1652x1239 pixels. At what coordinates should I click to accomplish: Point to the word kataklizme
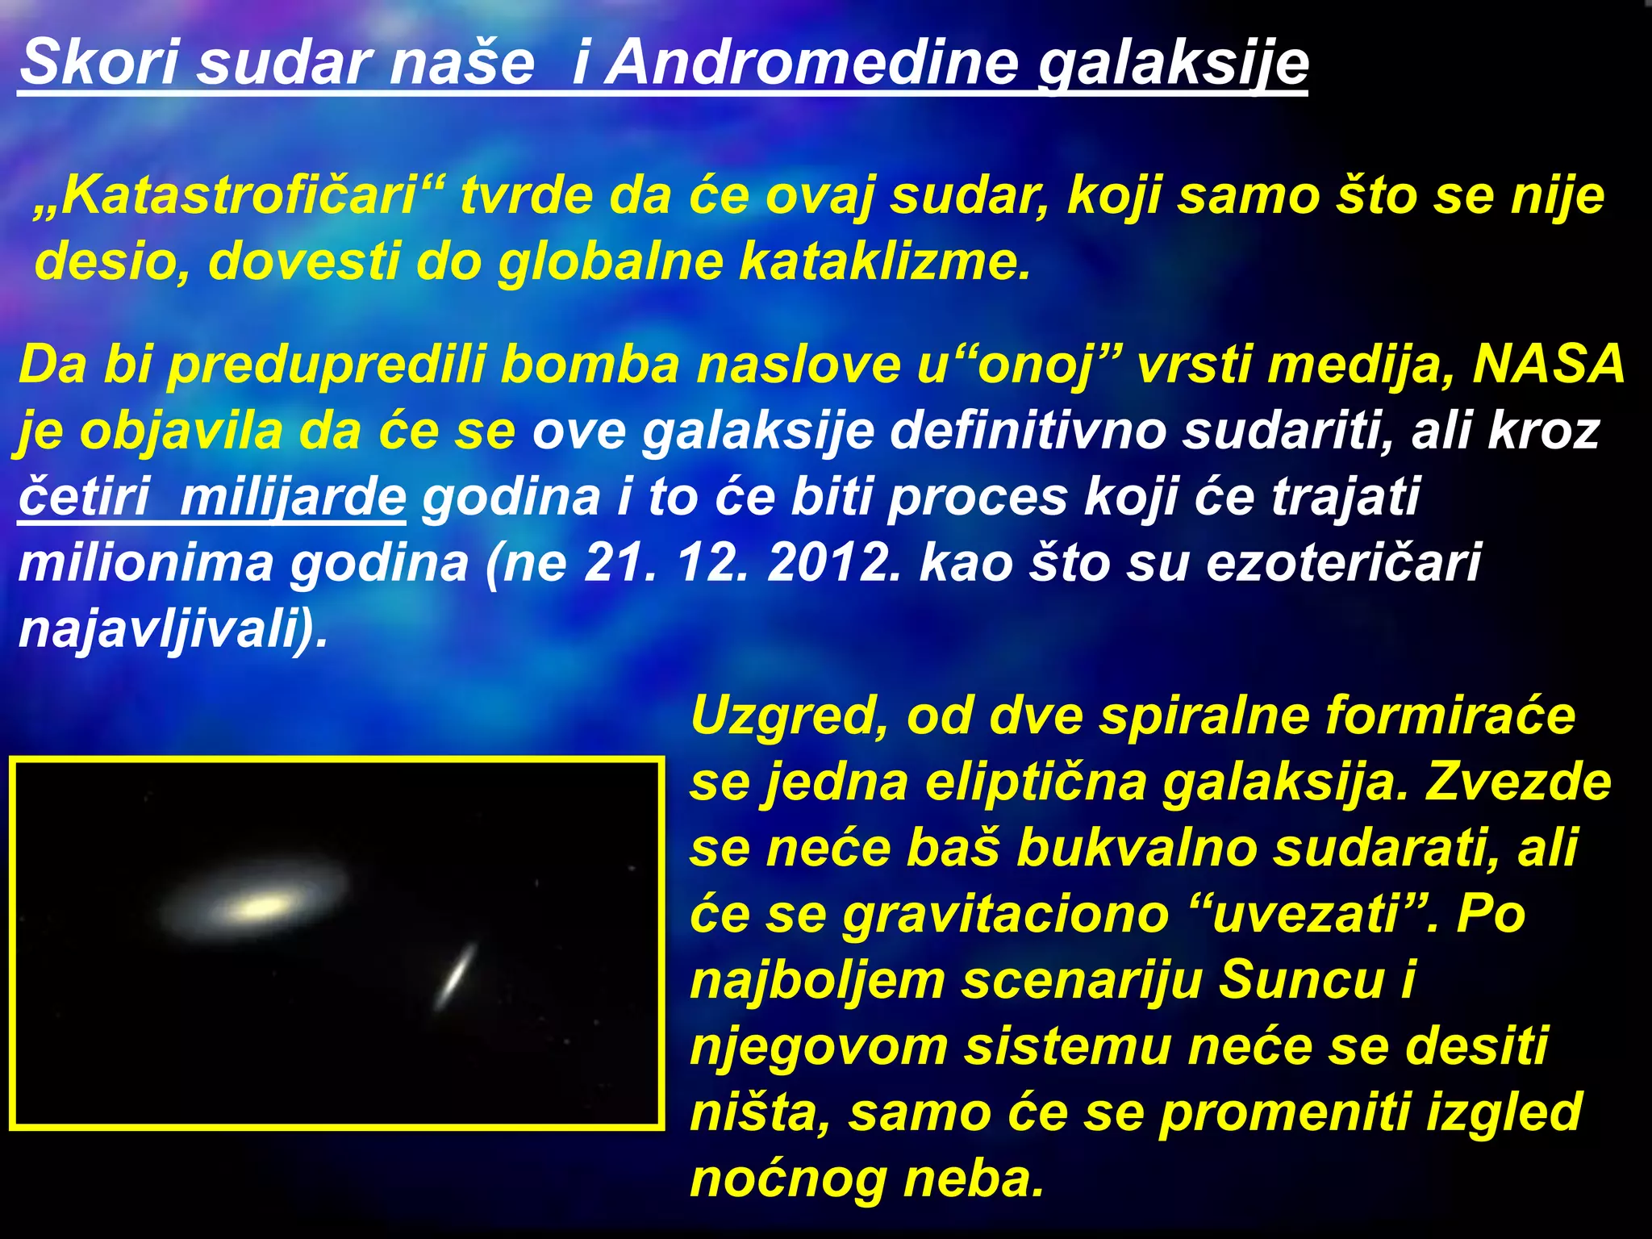click(885, 261)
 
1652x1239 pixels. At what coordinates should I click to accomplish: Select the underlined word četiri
click(84, 497)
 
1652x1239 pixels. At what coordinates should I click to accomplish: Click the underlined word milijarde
click(293, 497)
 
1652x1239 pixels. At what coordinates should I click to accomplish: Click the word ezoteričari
click(1343, 562)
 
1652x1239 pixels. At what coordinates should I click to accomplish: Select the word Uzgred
click(789, 715)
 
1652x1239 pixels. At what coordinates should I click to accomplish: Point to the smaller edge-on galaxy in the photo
click(457, 976)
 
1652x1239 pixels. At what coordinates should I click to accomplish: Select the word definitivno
click(1028, 431)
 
